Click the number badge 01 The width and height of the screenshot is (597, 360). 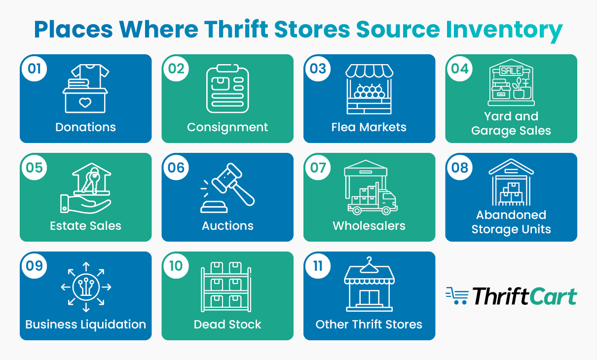pyautogui.click(x=34, y=69)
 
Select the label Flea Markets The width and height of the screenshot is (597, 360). pyautogui.click(x=369, y=127)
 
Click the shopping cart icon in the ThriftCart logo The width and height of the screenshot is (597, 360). pyautogui.click(x=457, y=296)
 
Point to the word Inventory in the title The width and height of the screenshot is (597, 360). pyautogui.click(x=504, y=30)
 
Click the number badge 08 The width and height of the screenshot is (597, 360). pyautogui.click(x=460, y=167)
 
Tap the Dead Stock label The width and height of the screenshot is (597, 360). pyautogui.click(x=227, y=324)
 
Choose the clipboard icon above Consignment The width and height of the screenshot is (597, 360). pyautogui.click(x=227, y=89)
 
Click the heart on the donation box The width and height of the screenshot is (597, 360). pyautogui.click(x=85, y=103)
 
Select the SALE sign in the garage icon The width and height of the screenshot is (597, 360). pyautogui.click(x=511, y=71)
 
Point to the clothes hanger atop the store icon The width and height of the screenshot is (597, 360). pyautogui.click(x=369, y=265)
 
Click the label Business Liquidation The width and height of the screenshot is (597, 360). pyautogui.click(x=86, y=324)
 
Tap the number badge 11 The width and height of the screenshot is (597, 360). pyautogui.click(x=318, y=266)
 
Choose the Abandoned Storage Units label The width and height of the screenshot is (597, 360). pyautogui.click(x=511, y=222)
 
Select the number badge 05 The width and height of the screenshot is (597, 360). pyautogui.click(x=34, y=167)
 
